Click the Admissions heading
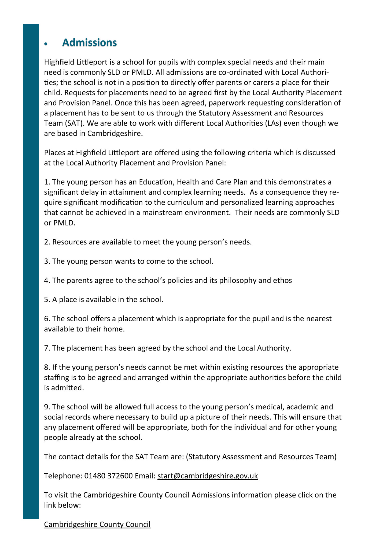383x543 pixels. [89, 43]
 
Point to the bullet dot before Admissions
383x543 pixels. [46, 44]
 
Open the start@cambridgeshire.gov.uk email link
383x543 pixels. [207, 476]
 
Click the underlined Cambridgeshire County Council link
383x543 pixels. [97, 524]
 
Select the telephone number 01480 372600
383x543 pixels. [108, 476]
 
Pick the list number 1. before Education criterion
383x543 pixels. [47, 182]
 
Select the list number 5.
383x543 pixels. [47, 300]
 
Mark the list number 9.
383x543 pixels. [47, 407]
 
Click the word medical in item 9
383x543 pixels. [270, 407]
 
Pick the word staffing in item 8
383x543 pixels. [57, 378]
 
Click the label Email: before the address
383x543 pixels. [145, 476]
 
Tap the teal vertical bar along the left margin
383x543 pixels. [31, 268]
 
